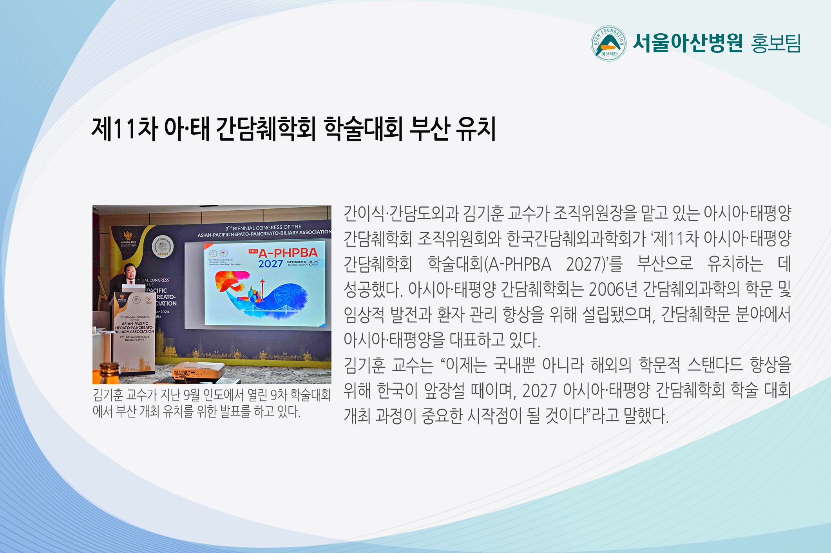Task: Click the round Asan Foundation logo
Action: coord(608,43)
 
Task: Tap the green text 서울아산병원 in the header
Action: coord(688,43)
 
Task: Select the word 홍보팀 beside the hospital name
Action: coord(776,43)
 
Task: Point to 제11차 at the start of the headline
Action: coord(125,129)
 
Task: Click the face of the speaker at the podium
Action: coord(130,271)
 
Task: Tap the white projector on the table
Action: coord(198,371)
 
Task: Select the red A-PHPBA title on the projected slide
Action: coord(288,253)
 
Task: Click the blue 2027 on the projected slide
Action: coord(270,264)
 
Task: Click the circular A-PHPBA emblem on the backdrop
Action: coord(162,247)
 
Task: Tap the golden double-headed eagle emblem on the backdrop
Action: coord(127,235)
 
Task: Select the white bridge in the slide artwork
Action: coord(274,310)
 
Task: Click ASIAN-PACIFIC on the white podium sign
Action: coord(135,323)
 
